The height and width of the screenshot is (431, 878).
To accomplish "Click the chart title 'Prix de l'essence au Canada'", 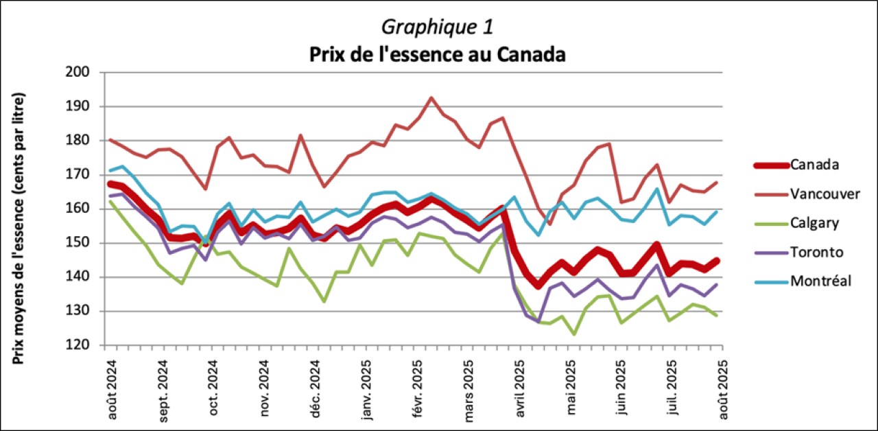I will [x=437, y=54].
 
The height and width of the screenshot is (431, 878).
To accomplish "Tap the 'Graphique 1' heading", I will [x=437, y=27].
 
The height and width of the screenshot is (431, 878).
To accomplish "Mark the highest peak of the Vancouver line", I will [x=431, y=97].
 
